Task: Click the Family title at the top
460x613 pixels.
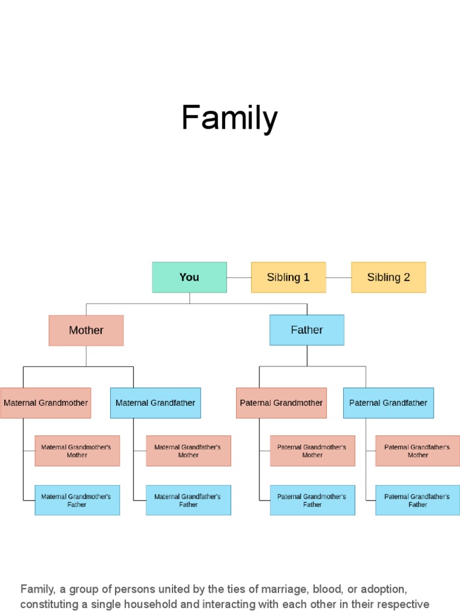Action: (229, 118)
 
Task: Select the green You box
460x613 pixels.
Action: (189, 277)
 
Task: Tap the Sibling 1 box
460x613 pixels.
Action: (288, 277)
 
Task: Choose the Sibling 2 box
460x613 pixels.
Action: (388, 277)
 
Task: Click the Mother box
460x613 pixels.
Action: (86, 330)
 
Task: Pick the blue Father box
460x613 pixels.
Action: (307, 330)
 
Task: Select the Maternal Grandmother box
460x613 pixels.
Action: (46, 403)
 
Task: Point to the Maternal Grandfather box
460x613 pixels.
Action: (155, 403)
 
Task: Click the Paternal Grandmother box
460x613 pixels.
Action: (282, 403)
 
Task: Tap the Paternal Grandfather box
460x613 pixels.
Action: (388, 403)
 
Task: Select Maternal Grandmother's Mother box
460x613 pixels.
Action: (77, 451)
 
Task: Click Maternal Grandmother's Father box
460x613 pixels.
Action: (77, 500)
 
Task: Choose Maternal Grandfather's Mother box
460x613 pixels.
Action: (188, 451)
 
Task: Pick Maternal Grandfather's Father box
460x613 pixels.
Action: (188, 500)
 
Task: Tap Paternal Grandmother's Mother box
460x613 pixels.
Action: (312, 451)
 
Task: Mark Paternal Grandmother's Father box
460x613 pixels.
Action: (312, 500)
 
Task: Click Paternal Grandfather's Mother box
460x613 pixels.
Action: (417, 451)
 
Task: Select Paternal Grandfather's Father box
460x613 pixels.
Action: (417, 500)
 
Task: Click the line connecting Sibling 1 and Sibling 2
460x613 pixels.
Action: (338, 278)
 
